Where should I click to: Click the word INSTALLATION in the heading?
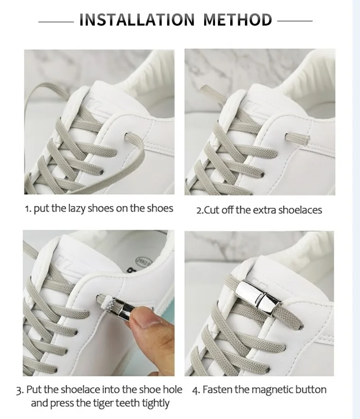point(137,20)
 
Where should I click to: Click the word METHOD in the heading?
point(238,20)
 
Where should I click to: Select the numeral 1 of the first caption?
point(27,209)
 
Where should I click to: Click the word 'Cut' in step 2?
point(212,210)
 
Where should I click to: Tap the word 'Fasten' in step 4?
point(217,390)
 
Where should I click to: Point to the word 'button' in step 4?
point(311,390)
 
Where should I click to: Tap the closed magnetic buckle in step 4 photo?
point(255,297)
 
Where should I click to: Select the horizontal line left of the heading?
point(55,21)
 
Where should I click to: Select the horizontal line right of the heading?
point(295,21)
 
